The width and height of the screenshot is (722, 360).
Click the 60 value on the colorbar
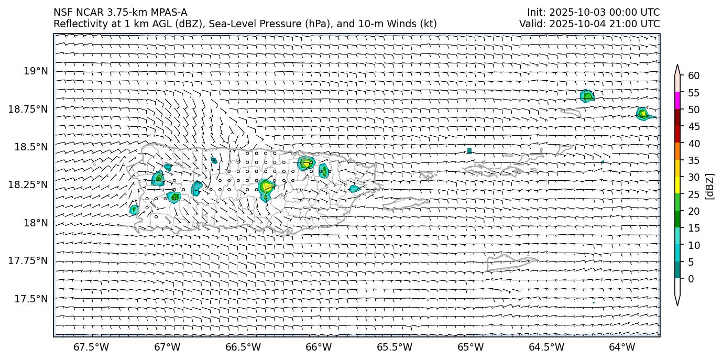tap(694, 76)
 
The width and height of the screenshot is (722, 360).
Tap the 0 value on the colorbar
tap(691, 279)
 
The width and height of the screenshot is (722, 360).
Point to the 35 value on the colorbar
tap(694, 160)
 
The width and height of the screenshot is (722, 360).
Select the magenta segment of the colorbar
tap(677, 101)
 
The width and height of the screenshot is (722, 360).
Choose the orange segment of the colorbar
tap(677, 151)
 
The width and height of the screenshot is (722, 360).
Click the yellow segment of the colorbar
tap(677, 186)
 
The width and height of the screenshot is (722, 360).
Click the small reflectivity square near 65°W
tap(469, 151)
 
